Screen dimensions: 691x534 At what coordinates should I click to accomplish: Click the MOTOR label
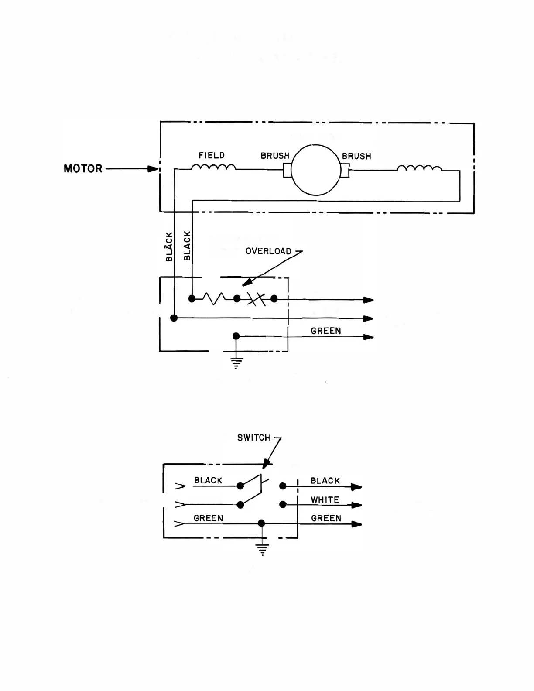tap(83, 169)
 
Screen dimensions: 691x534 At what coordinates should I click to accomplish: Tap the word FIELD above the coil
tap(212, 155)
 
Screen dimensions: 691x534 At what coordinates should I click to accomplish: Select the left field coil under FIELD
tap(213, 167)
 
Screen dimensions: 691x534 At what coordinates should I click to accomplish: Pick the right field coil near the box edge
tap(419, 168)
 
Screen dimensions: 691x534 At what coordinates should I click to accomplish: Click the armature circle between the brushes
tap(316, 170)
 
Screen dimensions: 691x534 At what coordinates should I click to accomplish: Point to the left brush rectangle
tap(287, 170)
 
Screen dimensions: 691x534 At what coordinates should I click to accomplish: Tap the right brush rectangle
tap(345, 170)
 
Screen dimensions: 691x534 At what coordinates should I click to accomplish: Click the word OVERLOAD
tap(268, 251)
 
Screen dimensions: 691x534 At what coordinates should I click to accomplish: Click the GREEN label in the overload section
tap(325, 331)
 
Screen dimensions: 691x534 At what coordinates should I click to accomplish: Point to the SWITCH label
tap(253, 438)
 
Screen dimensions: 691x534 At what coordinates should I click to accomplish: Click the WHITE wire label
tap(325, 500)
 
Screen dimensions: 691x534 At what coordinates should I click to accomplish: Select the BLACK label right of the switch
tap(325, 481)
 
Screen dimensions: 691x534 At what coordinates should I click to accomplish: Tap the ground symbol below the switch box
tap(262, 549)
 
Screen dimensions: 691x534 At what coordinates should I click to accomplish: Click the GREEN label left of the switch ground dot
tap(208, 518)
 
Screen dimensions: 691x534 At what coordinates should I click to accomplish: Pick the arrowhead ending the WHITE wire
tap(357, 505)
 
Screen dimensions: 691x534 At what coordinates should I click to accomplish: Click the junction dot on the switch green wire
tap(261, 523)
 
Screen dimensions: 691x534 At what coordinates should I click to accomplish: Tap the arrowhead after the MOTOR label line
tap(153, 169)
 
